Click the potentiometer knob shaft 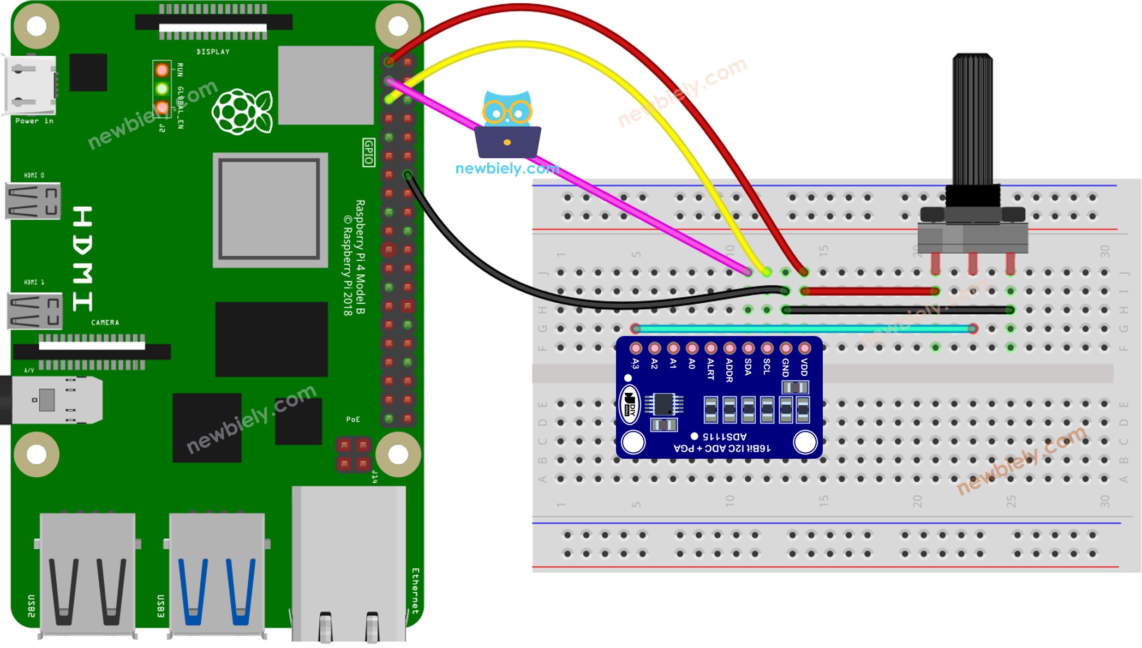[x=972, y=120]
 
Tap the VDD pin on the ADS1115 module [x=804, y=348]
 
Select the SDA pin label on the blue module [x=748, y=367]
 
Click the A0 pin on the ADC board [x=692, y=348]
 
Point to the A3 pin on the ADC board [x=636, y=348]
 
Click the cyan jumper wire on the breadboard [x=802, y=328]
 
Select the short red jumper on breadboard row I [x=870, y=291]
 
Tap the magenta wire [x=600, y=191]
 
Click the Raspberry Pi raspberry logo [x=242, y=112]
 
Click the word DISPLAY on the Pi [x=213, y=52]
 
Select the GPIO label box [x=369, y=152]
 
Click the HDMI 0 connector [x=33, y=201]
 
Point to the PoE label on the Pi [x=353, y=419]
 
